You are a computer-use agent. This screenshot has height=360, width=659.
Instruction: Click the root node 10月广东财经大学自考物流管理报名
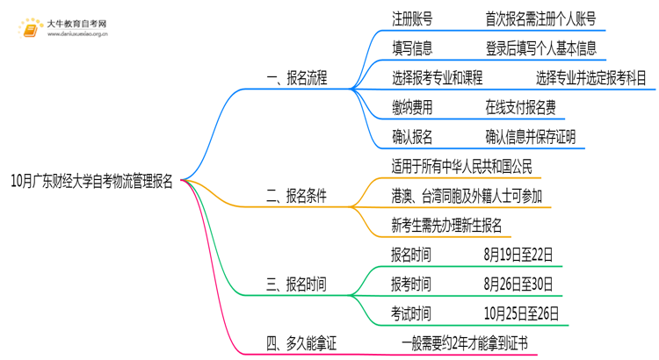[92, 182]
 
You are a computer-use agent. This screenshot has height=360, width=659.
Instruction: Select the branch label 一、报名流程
[296, 78]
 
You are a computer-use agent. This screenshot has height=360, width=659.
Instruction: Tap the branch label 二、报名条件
[296, 196]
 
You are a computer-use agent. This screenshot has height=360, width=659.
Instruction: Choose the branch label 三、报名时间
[296, 284]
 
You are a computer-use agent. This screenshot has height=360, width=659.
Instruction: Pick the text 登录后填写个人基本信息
[540, 48]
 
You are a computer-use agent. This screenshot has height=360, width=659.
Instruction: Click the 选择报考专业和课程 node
[438, 78]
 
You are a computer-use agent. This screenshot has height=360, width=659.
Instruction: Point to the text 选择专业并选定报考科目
[591, 78]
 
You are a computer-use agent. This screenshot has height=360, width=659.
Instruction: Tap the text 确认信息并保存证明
[531, 137]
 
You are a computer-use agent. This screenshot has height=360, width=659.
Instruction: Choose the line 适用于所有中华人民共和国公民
[462, 167]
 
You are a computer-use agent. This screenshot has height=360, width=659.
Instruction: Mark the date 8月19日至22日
[519, 256]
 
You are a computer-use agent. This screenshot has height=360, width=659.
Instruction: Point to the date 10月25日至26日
[523, 314]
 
